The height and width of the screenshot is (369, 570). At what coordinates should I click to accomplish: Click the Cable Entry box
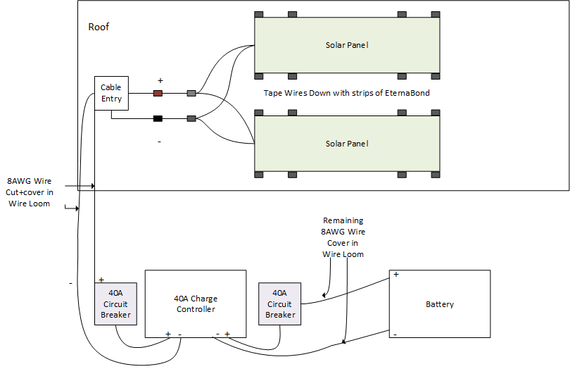point(111,93)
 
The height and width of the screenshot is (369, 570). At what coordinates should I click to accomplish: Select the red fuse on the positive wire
point(158,93)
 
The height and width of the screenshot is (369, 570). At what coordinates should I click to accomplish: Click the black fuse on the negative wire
point(158,119)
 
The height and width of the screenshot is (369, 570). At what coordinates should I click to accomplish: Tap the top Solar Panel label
point(347,45)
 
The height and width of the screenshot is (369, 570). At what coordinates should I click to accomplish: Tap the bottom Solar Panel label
point(347,144)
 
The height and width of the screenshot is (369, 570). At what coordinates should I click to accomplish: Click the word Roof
point(99,27)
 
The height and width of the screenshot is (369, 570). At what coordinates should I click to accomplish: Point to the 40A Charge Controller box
point(195,304)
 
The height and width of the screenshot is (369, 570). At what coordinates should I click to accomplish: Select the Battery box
point(440,304)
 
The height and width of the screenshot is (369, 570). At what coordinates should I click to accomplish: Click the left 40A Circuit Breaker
point(115,304)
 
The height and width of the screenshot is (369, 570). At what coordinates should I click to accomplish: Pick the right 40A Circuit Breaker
point(279,304)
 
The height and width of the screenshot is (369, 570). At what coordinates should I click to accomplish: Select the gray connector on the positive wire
point(191,93)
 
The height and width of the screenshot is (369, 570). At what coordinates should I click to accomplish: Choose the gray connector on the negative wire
point(191,119)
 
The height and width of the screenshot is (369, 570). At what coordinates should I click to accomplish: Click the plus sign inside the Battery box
point(396,275)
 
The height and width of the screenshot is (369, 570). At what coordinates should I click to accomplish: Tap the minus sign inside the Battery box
point(395,334)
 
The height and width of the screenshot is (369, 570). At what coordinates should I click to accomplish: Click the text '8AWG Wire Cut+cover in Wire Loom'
point(30,192)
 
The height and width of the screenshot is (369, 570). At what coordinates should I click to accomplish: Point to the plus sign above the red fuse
point(160,81)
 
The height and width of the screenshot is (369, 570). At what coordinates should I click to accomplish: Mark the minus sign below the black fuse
point(159,142)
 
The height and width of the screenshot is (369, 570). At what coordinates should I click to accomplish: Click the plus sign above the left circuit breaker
point(101,280)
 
